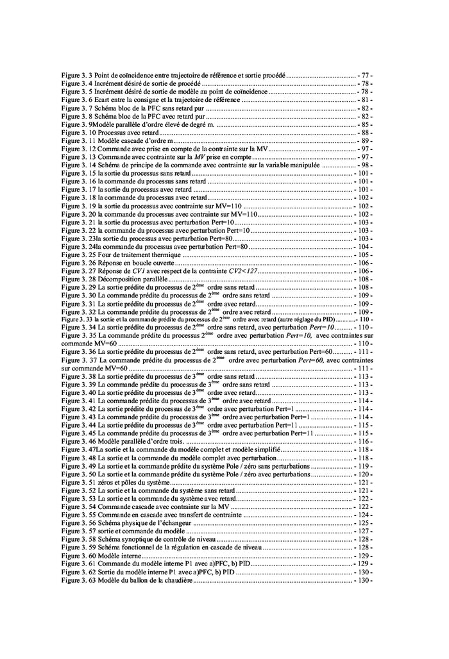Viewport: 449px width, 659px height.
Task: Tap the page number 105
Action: (x=364, y=254)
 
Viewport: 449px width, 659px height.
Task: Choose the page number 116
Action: (x=364, y=442)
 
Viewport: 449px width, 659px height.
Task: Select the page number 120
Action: (x=364, y=474)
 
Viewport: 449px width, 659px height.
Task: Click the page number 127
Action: (x=364, y=531)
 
